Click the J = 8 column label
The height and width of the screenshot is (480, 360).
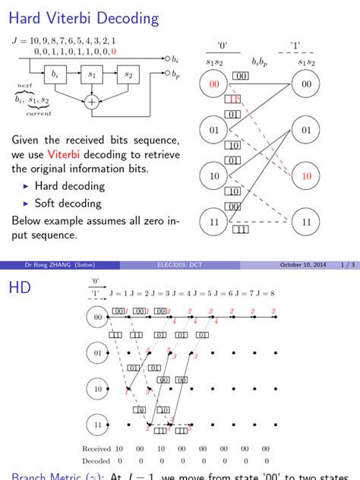point(264,293)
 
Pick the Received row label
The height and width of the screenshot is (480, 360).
point(96,449)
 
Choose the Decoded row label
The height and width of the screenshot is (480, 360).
point(96,460)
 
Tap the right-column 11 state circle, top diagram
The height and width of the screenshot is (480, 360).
point(306,223)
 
